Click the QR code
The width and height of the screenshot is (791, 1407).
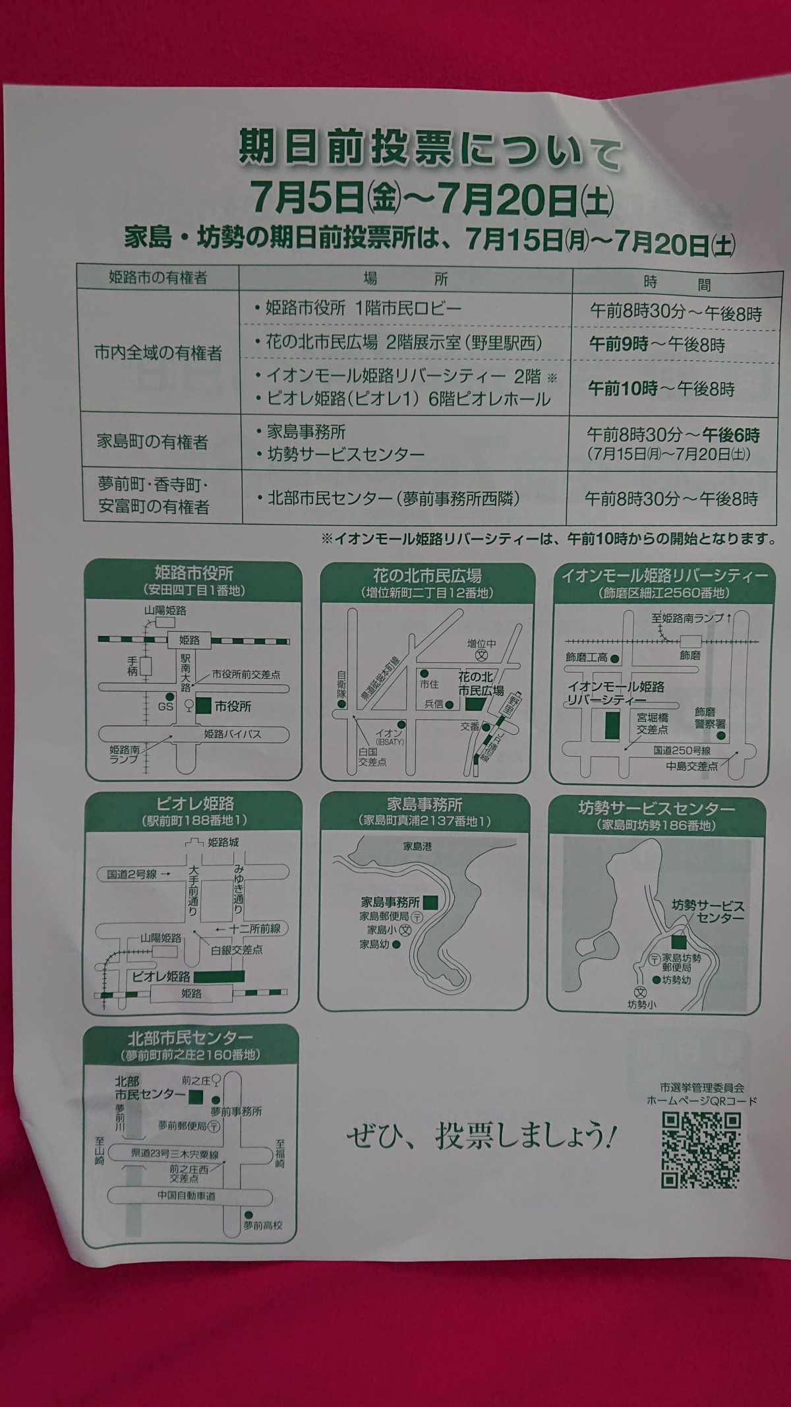(x=701, y=1150)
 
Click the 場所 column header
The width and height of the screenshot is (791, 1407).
(x=405, y=278)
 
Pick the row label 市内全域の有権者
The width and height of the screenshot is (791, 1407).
(x=158, y=353)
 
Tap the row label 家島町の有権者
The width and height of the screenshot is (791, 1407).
(x=152, y=441)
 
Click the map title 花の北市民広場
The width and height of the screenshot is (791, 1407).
(x=426, y=575)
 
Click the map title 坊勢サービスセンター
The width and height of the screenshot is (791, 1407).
(x=656, y=808)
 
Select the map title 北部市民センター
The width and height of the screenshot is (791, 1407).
(x=190, y=1038)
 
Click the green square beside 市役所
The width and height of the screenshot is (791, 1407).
(x=204, y=705)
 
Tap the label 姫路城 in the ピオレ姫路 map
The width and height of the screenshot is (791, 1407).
(x=223, y=842)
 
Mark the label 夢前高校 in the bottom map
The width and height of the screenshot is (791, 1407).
(x=263, y=1226)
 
